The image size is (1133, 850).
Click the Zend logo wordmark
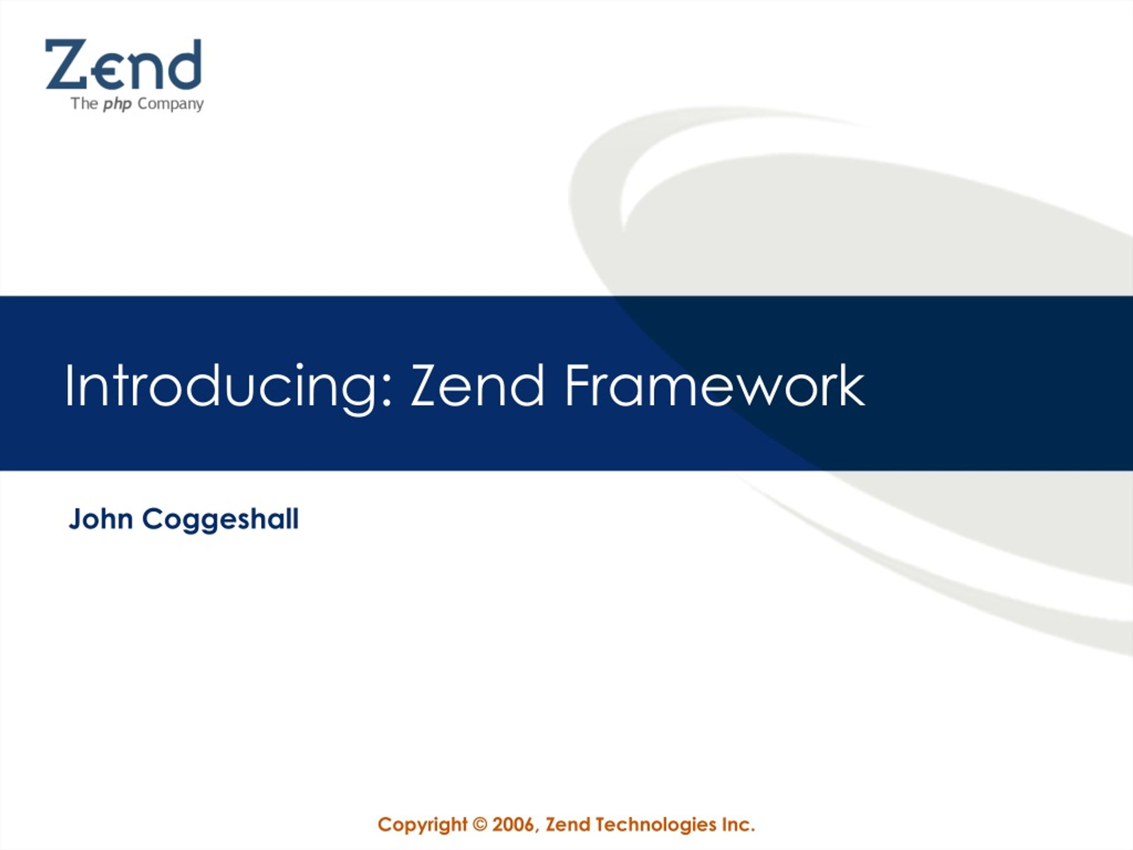click(123, 64)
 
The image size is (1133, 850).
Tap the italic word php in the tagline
click(117, 104)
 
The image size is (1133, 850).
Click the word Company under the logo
click(170, 104)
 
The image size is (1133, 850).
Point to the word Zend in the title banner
click(478, 385)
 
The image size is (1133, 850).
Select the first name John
click(101, 518)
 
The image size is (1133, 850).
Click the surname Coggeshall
click(220, 521)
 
